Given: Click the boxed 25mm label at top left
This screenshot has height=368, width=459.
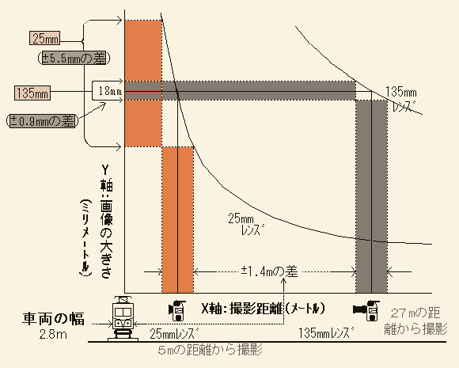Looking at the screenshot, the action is pos(44,38).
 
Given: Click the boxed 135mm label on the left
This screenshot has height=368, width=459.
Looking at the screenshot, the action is pos(32,93).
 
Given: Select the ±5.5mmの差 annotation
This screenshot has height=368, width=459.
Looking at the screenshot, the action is pos(74,59).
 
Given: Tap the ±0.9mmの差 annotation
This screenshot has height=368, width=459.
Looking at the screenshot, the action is pos(43,121).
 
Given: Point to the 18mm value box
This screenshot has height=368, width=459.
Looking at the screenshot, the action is pos(108,91).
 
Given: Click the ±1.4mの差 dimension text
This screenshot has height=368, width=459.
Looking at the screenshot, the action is pos(269,271).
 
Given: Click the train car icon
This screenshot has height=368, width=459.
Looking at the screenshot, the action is pos(123,318).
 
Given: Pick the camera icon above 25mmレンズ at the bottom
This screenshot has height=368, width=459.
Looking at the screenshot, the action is pos(176,310).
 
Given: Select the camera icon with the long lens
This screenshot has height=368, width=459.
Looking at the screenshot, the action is pos(366,310).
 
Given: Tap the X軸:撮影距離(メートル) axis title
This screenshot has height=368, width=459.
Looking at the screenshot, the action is pos(263,309).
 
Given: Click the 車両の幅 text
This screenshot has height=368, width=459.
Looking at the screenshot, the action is pos(53,318).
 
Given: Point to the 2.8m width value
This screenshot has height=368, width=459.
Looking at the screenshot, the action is pos(53,334).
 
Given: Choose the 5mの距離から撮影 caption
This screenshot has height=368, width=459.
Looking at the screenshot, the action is pos(210,350).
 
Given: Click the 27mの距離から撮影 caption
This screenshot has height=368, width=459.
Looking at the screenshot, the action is pos(415,321).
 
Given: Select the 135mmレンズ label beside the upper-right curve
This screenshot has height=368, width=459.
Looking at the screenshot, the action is pos(401,99).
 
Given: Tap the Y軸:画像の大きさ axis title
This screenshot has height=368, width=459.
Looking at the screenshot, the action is pos(107,222).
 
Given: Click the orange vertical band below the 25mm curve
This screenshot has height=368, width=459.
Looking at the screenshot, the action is pos(178,219).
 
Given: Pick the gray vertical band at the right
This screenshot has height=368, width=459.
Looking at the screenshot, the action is pos(371,196).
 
